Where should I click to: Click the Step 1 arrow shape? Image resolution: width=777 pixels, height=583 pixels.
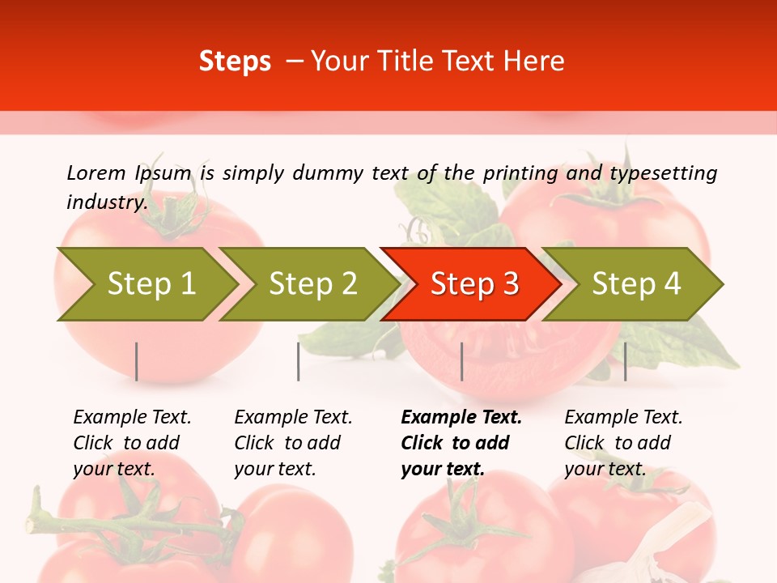[x=146, y=284]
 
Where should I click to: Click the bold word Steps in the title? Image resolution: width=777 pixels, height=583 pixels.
[x=235, y=62]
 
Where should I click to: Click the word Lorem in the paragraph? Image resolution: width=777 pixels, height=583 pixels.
[x=96, y=172]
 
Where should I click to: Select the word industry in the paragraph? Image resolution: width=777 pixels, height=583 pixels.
[x=106, y=202]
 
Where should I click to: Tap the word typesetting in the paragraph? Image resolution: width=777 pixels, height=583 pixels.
[x=663, y=172]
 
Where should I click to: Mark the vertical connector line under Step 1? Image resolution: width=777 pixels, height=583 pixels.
[x=137, y=361]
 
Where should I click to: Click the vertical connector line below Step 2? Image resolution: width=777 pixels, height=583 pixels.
[x=299, y=361]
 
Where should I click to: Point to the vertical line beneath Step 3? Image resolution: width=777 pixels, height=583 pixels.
[x=461, y=361]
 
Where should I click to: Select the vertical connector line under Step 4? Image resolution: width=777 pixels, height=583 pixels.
[x=625, y=361]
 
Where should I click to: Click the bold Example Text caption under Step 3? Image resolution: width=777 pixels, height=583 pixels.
[x=461, y=443]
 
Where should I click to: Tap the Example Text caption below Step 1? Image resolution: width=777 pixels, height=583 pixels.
[x=132, y=443]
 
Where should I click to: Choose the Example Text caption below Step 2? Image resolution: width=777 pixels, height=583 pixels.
[x=293, y=443]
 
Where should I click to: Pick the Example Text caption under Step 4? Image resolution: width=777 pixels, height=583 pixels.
[x=623, y=443]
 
